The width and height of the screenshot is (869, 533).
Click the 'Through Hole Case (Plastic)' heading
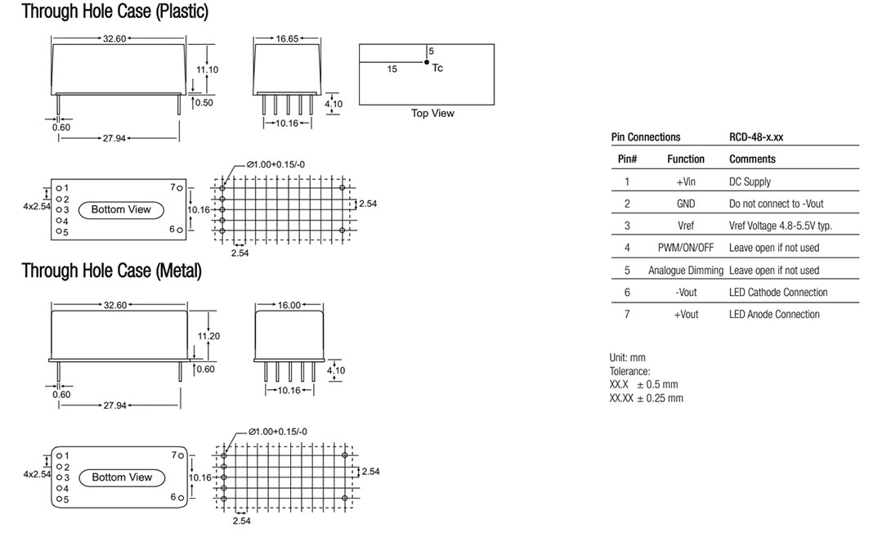[x=114, y=11]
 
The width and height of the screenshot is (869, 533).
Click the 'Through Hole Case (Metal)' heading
[x=111, y=271]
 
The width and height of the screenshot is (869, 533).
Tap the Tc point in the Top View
[x=427, y=63]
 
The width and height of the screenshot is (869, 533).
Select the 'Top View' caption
[x=432, y=113]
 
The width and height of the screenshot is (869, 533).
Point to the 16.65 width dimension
[x=287, y=38]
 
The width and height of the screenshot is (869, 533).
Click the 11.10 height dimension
[x=208, y=69]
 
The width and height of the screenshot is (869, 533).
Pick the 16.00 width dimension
[x=289, y=305]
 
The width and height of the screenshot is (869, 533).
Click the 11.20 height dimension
[x=209, y=336]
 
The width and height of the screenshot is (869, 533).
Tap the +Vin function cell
[x=686, y=181]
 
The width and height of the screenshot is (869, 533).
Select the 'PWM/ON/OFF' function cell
[x=686, y=248]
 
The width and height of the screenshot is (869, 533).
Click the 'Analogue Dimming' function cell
[x=686, y=271]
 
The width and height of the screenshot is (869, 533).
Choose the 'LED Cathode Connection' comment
[x=778, y=292]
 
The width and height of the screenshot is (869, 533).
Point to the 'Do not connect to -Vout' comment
[x=776, y=204]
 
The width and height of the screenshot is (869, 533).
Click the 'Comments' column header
[x=752, y=159]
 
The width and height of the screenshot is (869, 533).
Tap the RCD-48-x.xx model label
[x=756, y=137]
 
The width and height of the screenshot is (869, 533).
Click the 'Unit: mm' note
[x=627, y=357]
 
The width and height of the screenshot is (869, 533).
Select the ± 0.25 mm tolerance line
[x=646, y=398]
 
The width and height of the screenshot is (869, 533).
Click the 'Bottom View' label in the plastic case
[x=121, y=209]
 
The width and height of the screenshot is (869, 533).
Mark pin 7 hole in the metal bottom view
[x=181, y=455]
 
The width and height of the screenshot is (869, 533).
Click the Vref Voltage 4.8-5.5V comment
[x=781, y=226]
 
